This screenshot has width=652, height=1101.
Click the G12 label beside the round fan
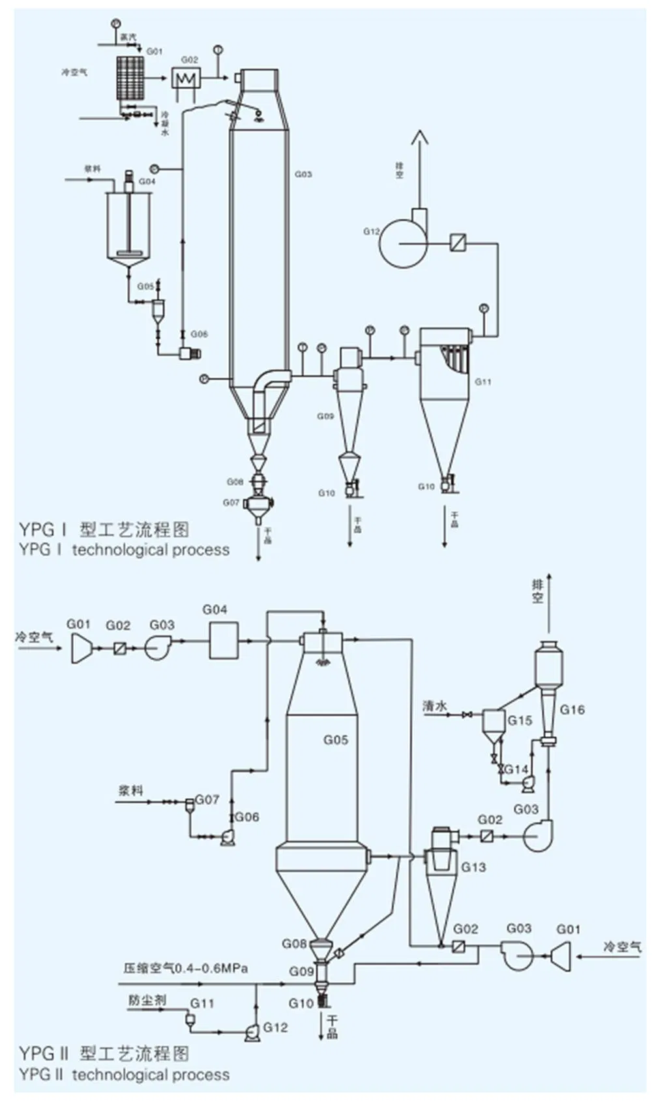[x=371, y=231]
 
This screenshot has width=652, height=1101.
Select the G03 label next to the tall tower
[x=303, y=174]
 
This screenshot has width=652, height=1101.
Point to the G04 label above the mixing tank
[x=147, y=181]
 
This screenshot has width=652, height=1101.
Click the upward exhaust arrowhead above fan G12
[x=419, y=136]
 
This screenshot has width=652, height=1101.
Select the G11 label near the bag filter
[x=482, y=382]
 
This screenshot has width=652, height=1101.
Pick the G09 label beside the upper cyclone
[x=325, y=416]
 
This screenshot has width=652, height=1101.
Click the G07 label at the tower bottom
[x=231, y=503]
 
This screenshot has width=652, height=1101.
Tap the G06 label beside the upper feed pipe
[x=199, y=333]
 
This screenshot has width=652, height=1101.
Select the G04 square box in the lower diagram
[x=224, y=640]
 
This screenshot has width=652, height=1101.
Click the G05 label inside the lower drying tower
[x=336, y=739]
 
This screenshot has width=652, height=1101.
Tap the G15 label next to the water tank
[x=520, y=721]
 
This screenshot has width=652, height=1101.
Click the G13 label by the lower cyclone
[x=473, y=867]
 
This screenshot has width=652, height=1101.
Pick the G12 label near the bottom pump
[x=275, y=1027]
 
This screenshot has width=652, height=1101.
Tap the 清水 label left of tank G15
[x=435, y=706]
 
